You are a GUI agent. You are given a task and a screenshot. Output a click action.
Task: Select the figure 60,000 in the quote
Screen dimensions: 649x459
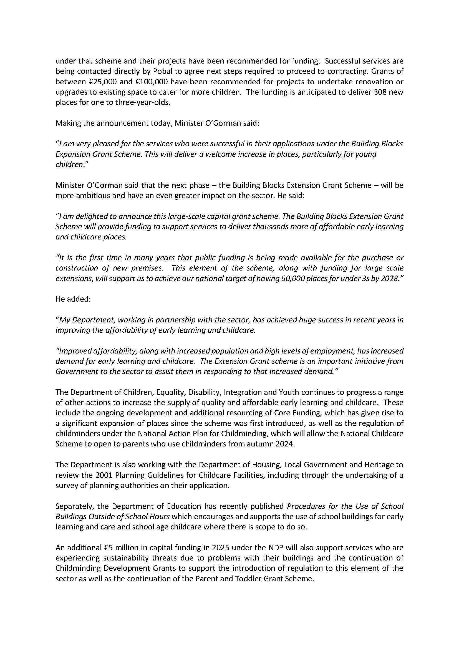292,278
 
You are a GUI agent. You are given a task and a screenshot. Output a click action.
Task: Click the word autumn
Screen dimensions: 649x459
262,444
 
